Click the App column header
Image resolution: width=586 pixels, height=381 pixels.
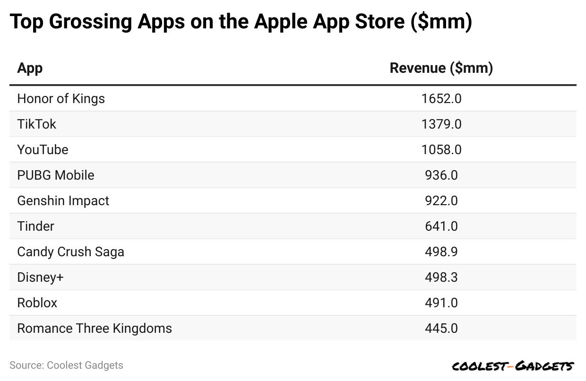click(30, 68)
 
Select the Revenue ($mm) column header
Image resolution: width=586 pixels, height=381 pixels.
click(441, 68)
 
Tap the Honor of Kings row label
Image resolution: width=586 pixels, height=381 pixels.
click(61, 99)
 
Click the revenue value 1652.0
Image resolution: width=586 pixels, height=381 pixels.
click(441, 99)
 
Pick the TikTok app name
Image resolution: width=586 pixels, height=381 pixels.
click(36, 124)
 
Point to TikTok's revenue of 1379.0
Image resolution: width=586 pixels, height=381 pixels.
click(441, 124)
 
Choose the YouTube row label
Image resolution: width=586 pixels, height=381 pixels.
click(43, 150)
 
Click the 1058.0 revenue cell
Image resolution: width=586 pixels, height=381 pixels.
click(441, 150)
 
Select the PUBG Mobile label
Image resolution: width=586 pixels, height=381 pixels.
click(56, 175)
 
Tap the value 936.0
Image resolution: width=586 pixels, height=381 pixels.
click(441, 175)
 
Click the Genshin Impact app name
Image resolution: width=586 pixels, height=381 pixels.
click(63, 201)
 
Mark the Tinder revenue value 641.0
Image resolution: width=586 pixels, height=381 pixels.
click(441, 226)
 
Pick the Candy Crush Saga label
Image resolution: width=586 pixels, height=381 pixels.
click(70, 252)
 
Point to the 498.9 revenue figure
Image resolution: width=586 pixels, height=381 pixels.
click(441, 252)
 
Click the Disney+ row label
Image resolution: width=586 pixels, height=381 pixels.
click(40, 277)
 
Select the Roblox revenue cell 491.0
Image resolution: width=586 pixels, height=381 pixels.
click(441, 303)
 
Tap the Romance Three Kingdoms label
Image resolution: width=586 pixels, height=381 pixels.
click(95, 329)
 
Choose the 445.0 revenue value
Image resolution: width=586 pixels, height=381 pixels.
click(441, 329)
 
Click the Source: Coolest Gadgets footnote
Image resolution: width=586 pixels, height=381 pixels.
click(66, 365)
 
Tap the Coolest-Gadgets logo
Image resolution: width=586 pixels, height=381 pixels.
click(513, 366)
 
